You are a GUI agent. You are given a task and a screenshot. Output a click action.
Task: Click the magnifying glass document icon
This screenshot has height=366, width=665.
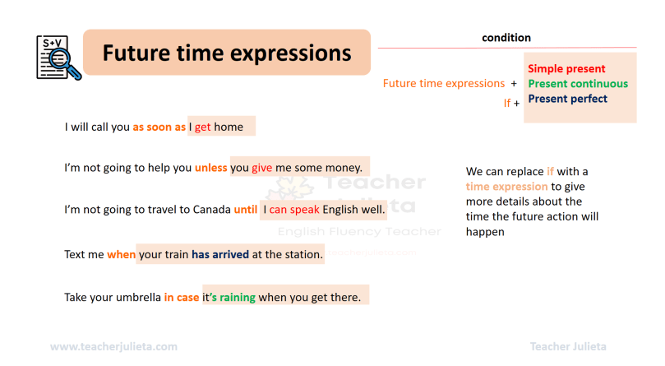pos(58,56)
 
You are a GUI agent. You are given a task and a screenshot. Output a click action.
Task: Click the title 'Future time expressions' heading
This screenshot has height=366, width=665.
pos(226,53)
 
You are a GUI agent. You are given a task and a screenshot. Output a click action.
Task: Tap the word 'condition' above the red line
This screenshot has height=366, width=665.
pos(506,38)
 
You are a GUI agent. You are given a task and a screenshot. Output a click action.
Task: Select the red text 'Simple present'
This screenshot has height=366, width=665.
pos(566,69)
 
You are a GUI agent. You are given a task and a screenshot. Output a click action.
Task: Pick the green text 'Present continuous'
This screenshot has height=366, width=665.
pos(577,84)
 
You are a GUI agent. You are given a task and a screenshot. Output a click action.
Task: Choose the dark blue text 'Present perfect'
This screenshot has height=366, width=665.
pos(567,99)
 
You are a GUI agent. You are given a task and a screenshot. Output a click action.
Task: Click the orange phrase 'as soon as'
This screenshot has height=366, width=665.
pos(159,127)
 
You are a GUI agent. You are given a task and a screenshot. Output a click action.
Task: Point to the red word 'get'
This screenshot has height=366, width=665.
pos(202,127)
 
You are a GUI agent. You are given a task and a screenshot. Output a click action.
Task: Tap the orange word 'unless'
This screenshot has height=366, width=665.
pos(211,168)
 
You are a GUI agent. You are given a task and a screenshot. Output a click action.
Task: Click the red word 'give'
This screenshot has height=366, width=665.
pos(262,168)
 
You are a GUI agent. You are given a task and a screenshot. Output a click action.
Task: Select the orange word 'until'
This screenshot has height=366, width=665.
pos(245,210)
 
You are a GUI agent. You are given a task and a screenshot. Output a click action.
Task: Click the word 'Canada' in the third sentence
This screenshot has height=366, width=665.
pos(211,210)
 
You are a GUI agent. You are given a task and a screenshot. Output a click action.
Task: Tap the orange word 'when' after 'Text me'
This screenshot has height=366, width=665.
pos(121,255)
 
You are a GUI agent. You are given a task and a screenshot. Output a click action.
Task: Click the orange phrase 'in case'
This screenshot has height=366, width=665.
pos(182,297)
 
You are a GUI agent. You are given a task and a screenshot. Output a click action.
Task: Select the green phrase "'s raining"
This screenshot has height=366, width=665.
pos(233,297)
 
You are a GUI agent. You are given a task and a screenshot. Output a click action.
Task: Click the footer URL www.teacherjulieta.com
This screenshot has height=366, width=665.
pos(113,347)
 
